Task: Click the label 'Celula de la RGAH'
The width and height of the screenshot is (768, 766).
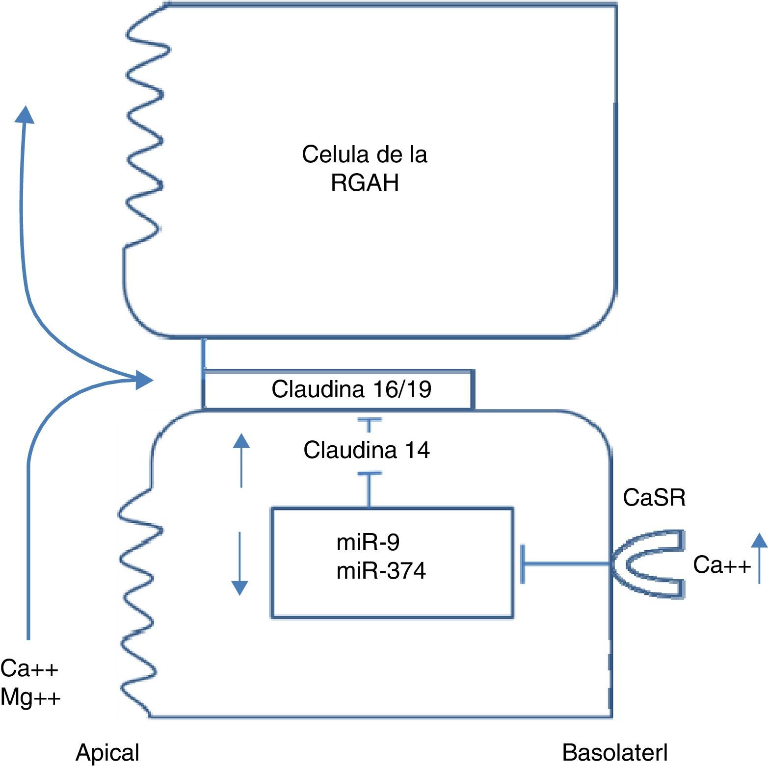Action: tap(365, 168)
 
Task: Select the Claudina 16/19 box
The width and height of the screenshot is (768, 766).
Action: tap(338, 389)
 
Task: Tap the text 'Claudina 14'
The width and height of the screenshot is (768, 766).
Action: tap(367, 450)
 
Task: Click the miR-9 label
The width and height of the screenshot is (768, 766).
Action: tap(368, 542)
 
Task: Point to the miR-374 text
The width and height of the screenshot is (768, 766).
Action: tap(381, 571)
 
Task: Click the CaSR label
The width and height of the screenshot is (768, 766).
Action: tap(654, 498)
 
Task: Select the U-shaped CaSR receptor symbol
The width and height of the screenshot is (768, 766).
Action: tap(648, 563)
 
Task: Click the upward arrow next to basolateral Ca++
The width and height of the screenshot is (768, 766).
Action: tap(759, 558)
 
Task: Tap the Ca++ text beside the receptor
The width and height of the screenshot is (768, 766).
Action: tap(721, 565)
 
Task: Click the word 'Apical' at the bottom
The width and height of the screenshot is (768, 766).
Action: tap(107, 752)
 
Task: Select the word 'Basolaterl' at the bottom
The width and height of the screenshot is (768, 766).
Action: tap(615, 752)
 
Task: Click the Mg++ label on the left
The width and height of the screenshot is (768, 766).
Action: tap(30, 697)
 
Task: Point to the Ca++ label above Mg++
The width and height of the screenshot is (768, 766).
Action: tap(29, 668)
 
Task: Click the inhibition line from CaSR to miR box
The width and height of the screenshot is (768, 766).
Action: tap(567, 564)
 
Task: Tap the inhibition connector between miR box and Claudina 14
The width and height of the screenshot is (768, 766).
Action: tap(369, 489)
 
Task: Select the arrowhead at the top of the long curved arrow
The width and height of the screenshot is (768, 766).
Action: tap(24, 115)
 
